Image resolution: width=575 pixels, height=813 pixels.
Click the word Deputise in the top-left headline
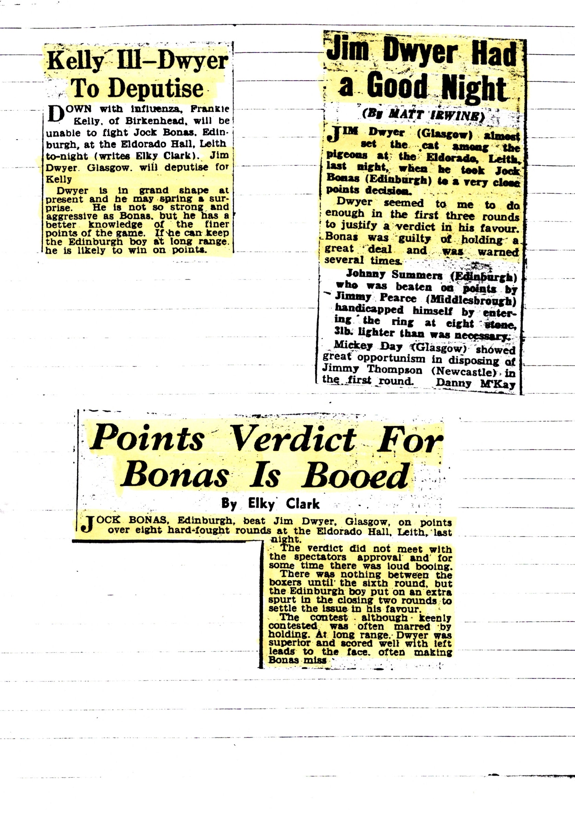156,89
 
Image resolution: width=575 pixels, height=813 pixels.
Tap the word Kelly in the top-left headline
75,61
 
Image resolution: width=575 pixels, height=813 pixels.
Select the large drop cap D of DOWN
56,114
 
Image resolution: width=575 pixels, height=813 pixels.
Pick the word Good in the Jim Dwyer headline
397,86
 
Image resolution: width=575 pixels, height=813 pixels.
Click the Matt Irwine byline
423,115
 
